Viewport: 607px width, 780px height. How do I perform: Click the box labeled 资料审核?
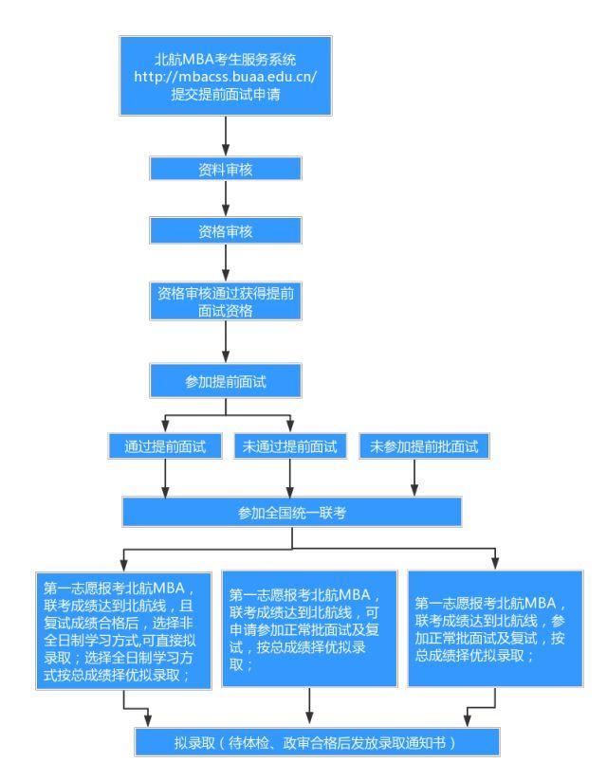(x=225, y=169)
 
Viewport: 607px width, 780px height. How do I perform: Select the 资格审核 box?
(x=225, y=232)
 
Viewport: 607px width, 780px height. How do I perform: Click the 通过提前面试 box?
(x=166, y=444)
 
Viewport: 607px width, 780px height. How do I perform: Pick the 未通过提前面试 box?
(x=288, y=444)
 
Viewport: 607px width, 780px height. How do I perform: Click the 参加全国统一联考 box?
(x=290, y=513)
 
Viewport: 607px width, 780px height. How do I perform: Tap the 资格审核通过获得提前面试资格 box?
(x=225, y=301)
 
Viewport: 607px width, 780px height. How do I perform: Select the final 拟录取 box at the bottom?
(x=298, y=742)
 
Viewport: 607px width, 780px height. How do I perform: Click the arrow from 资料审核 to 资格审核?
(x=225, y=200)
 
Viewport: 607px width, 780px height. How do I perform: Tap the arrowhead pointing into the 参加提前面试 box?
(x=225, y=357)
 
